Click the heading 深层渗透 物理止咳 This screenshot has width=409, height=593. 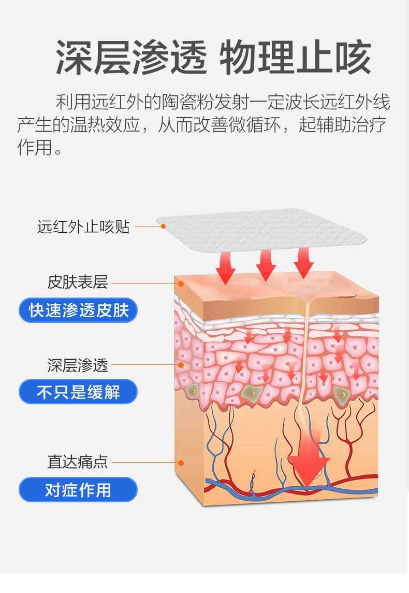(x=213, y=58)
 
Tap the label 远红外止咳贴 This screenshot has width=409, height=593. (x=83, y=227)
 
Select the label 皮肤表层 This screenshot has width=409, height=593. (x=78, y=283)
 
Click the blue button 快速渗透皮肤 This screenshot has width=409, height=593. (x=78, y=310)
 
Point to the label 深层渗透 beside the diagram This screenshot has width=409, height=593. (x=78, y=365)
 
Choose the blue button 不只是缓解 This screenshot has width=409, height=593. (x=78, y=392)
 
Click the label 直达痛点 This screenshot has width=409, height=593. (x=78, y=462)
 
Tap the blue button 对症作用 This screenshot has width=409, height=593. (x=78, y=489)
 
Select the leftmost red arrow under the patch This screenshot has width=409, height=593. (x=225, y=267)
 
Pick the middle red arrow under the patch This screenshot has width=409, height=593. (x=265, y=264)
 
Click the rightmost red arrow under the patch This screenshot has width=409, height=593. (x=303, y=262)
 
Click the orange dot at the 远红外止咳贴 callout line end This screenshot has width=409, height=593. (x=163, y=226)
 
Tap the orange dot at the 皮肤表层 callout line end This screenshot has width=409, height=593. (x=181, y=283)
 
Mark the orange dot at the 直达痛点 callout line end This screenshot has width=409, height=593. (x=181, y=462)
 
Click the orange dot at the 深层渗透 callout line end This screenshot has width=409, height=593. (x=181, y=365)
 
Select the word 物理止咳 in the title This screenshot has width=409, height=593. (x=296, y=58)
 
